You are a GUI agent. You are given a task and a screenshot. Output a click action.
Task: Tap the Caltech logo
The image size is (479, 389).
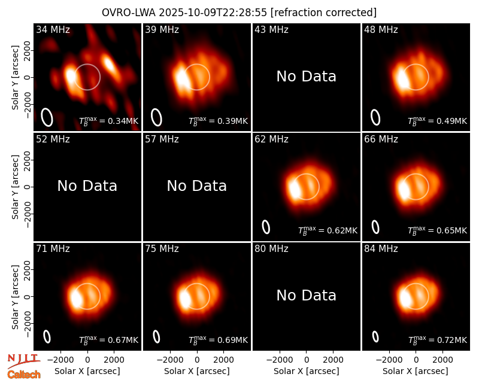pyautogui.click(x=24, y=375)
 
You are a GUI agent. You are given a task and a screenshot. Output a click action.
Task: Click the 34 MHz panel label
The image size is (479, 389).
pyautogui.click(x=53, y=29)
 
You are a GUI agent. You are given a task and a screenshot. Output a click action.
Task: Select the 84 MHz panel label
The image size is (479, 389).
pyautogui.click(x=381, y=249)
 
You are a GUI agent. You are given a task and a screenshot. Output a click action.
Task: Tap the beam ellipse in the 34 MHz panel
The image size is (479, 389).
pyautogui.click(x=47, y=117)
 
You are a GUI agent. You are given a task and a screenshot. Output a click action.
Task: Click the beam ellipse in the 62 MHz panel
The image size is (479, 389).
pyautogui.click(x=266, y=227)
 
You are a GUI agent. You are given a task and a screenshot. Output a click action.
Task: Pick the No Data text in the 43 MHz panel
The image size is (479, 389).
pyautogui.click(x=307, y=77)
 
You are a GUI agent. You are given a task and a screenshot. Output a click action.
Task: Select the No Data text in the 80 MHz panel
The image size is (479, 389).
pyautogui.click(x=307, y=296)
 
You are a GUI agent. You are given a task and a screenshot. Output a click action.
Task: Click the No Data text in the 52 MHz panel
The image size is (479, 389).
pyautogui.click(x=87, y=186)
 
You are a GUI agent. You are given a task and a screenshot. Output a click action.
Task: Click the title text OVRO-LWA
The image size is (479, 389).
pyautogui.click(x=129, y=13)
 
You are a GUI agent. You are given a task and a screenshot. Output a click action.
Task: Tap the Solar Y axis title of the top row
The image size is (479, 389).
pyautogui.click(x=15, y=78)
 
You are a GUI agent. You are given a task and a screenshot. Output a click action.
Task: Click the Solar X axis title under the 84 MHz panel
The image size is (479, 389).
pyautogui.click(x=416, y=371)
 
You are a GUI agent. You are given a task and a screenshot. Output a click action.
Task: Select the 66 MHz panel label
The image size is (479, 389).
pyautogui.click(x=381, y=139)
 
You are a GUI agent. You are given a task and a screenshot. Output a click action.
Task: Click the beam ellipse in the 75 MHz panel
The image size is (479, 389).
pyautogui.click(x=156, y=336)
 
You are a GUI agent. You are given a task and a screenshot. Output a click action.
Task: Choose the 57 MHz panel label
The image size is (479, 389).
pyautogui.click(x=162, y=139)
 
